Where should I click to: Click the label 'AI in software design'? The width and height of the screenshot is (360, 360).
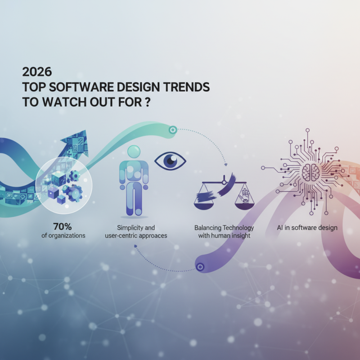[307, 227]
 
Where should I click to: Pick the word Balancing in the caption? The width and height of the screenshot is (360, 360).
[210, 227]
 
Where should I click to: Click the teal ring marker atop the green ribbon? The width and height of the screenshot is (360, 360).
[172, 130]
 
